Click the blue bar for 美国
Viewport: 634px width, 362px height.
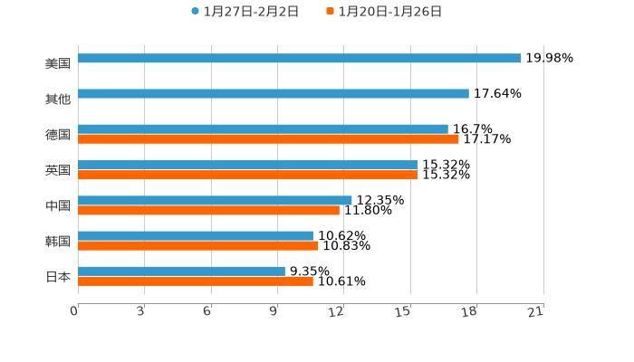[299, 58]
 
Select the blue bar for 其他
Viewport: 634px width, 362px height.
[274, 93]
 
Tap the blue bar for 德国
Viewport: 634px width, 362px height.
[263, 129]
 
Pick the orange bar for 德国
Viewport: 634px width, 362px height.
[268, 138]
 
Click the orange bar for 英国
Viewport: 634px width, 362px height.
[247, 175]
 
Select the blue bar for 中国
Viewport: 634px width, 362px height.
[215, 200]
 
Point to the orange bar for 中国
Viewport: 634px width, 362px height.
[208, 210]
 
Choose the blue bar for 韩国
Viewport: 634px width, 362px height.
[196, 235]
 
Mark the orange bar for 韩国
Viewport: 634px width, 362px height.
[198, 245]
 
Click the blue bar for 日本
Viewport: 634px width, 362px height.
[181, 271]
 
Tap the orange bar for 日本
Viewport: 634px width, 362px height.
[196, 281]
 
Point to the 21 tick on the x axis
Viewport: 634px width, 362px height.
[536, 311]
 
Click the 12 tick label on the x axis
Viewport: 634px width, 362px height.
[337, 311]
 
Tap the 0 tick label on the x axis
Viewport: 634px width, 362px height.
[74, 311]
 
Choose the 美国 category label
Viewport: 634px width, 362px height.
[58, 63]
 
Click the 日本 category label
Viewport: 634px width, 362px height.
[58, 276]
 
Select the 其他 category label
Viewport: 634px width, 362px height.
[58, 99]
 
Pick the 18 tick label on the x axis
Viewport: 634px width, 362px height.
[469, 311]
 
